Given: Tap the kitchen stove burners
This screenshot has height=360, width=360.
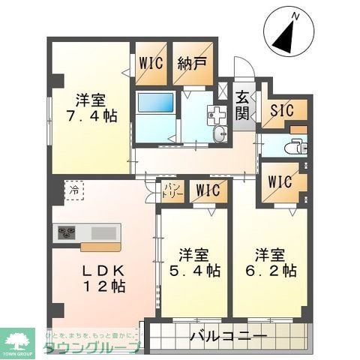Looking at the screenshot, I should tap(64, 233).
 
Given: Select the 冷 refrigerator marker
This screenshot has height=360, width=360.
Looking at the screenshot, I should tap(74, 191).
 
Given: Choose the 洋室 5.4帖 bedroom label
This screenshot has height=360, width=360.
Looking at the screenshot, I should tap(193, 261).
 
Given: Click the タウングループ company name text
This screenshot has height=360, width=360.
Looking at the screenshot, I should tap(90, 347).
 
